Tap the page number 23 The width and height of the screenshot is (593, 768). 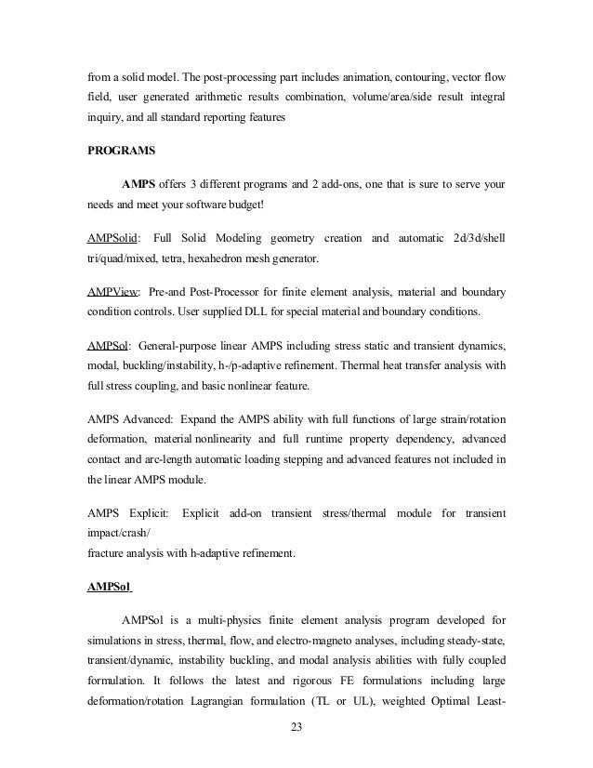pyautogui.click(x=296, y=739)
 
